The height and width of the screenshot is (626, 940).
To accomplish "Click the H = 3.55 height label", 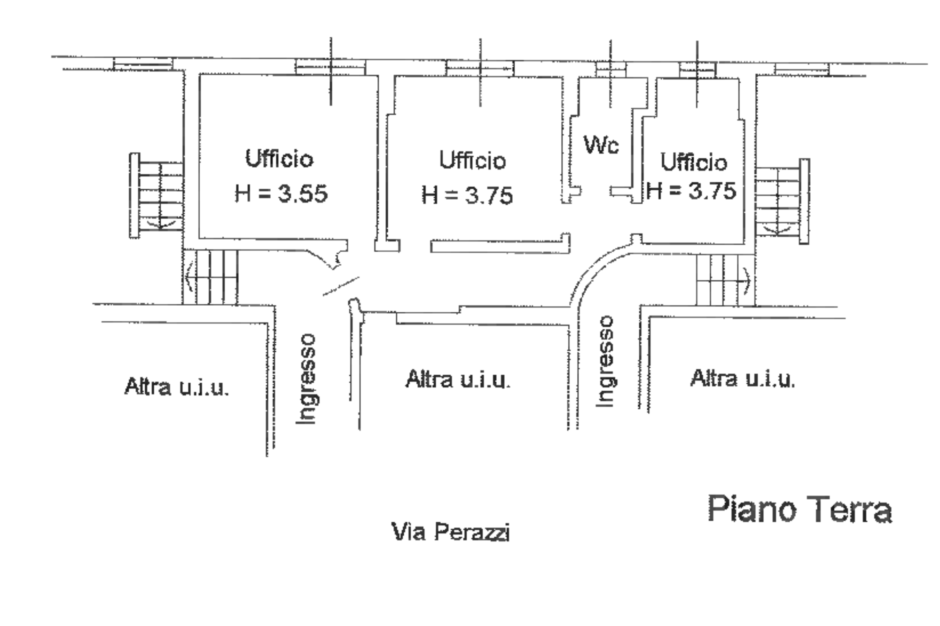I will (x=281, y=193).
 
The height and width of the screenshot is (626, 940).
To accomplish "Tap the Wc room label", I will (x=601, y=145).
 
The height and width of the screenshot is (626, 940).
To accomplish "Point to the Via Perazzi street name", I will (x=451, y=532).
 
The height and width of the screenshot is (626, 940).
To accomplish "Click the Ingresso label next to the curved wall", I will (x=605, y=361).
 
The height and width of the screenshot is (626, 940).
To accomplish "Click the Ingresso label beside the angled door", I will (x=306, y=379).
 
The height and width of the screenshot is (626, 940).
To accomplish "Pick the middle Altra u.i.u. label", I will (x=458, y=379).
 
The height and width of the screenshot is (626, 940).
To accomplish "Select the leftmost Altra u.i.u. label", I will (x=177, y=386).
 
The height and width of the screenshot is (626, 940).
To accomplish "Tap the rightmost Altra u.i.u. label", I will (x=743, y=379).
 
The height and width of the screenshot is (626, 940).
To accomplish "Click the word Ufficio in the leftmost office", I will (x=279, y=159).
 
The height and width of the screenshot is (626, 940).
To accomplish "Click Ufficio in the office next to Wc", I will (x=694, y=162).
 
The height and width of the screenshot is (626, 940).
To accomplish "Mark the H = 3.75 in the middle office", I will (x=467, y=195).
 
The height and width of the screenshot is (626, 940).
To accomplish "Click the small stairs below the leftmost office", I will (x=211, y=277).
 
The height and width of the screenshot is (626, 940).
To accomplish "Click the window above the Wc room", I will (x=611, y=70).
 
